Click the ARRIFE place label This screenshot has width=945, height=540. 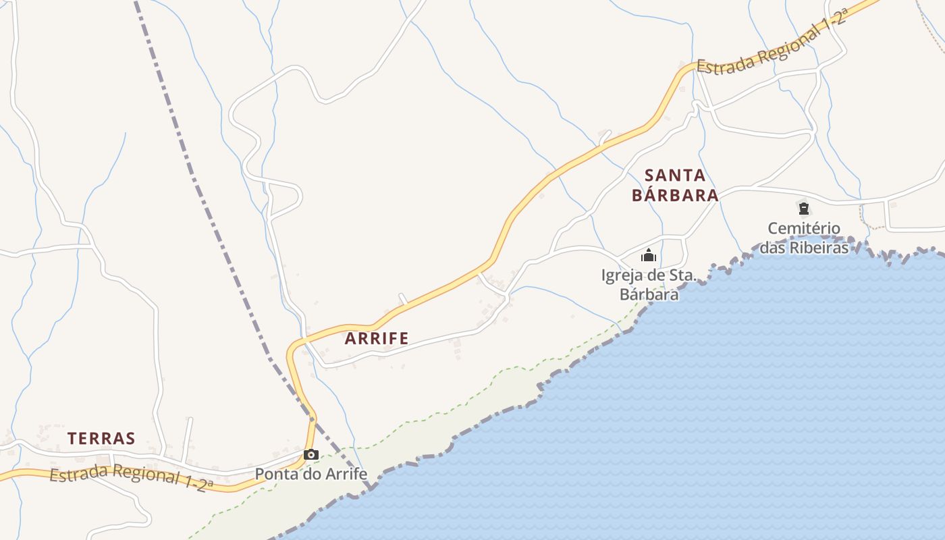(377, 338)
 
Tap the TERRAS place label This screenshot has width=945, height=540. (101, 438)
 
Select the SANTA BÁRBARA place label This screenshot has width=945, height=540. (675, 185)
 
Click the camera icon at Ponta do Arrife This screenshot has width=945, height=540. (310, 455)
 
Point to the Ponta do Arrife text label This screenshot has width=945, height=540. (310, 474)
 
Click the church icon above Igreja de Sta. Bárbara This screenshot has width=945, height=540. (649, 255)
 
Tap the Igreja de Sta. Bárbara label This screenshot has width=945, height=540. (649, 285)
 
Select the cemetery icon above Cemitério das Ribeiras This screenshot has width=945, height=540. (803, 208)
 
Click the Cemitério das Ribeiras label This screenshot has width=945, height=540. (804, 238)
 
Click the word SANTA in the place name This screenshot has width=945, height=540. (675, 175)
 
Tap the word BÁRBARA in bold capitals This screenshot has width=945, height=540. (675, 195)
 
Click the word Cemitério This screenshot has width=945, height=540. (804, 228)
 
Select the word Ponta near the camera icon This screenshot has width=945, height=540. (275, 474)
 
